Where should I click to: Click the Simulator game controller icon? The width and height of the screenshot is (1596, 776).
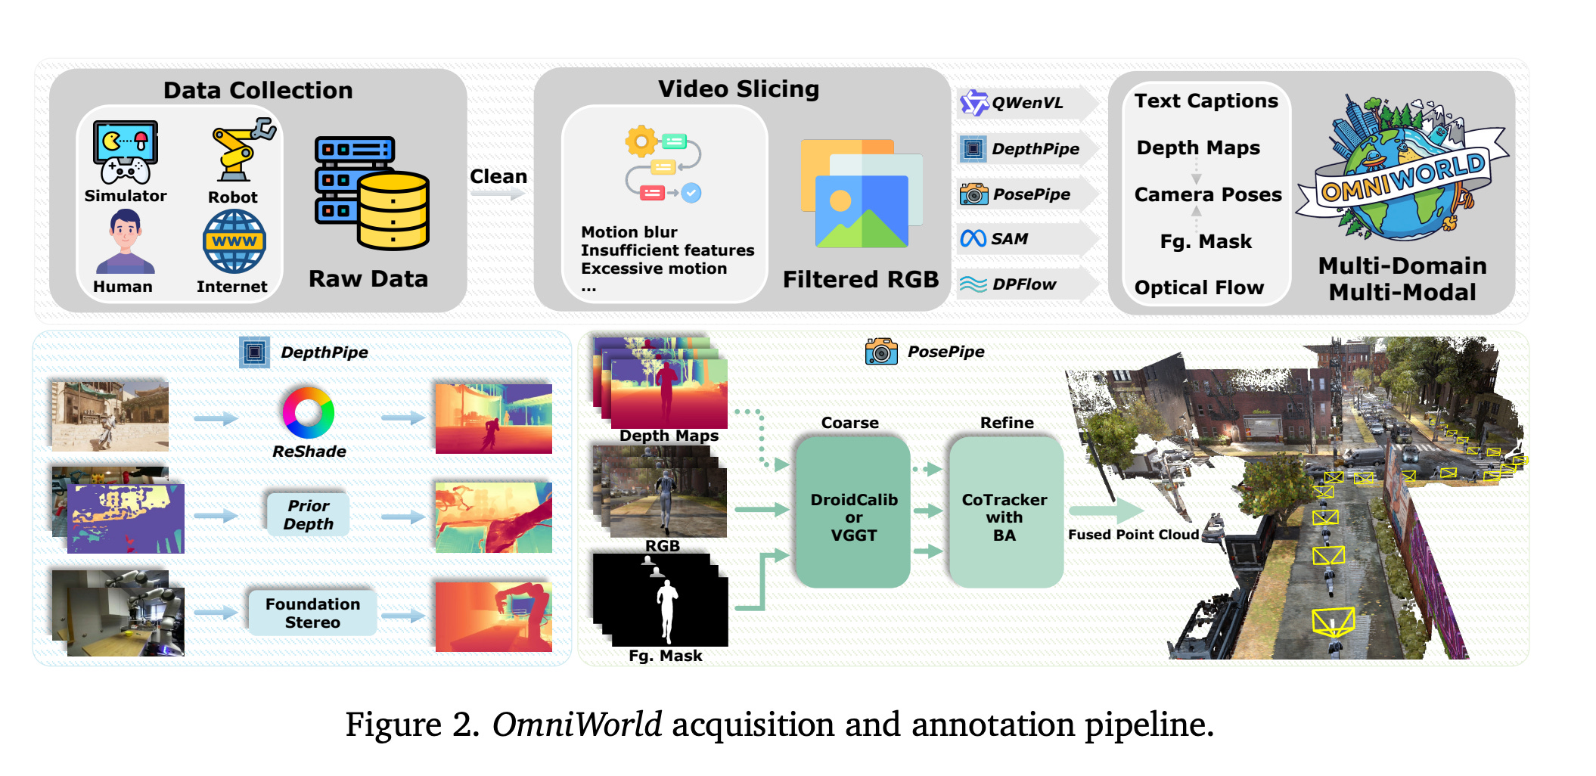coord(126,152)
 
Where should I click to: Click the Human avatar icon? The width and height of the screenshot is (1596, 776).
coord(125,242)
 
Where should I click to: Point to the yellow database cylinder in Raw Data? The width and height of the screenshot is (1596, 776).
coord(393,212)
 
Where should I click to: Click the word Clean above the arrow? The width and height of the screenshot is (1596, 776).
coord(498,176)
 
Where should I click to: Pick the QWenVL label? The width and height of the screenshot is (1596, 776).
coord(1026,103)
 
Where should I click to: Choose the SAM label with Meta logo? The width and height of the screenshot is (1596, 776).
coord(1009,239)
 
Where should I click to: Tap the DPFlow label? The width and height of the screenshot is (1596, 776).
coord(1023,284)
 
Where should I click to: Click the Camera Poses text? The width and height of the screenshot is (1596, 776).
coord(1208,195)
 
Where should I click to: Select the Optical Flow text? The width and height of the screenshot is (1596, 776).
coord(1199,288)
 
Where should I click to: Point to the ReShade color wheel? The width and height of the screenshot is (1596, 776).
coord(309,413)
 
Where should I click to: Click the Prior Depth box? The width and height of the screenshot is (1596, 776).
coord(309,515)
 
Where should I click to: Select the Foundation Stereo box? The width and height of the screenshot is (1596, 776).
coord(312,613)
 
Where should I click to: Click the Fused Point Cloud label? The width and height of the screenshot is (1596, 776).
coord(1133,535)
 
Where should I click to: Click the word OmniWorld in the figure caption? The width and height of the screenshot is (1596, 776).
coord(577,725)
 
